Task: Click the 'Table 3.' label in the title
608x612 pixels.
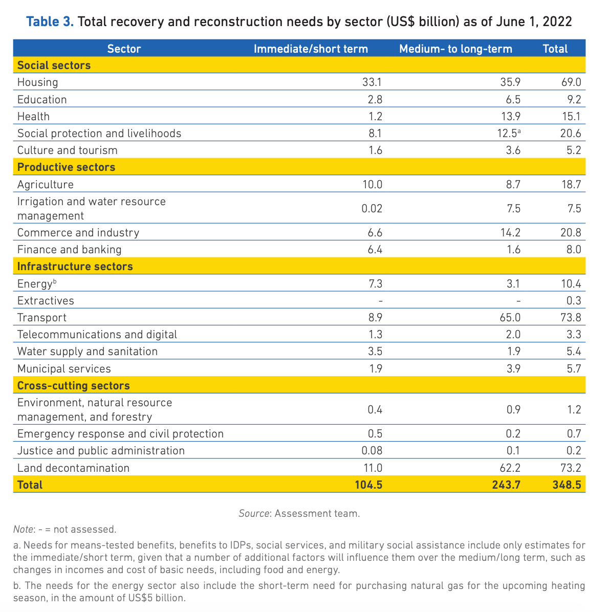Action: click(50, 21)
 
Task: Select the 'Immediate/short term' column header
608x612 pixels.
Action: click(311, 49)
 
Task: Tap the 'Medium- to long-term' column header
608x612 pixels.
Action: click(455, 49)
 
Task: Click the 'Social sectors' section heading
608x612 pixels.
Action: click(54, 65)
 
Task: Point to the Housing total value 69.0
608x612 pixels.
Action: click(571, 82)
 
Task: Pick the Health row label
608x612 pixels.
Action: click(33, 116)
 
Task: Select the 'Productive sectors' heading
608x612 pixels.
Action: click(66, 167)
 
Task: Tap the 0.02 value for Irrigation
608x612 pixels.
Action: click(372, 208)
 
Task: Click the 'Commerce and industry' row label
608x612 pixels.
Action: click(78, 233)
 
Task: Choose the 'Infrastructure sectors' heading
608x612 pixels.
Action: click(75, 267)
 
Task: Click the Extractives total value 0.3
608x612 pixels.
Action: click(574, 301)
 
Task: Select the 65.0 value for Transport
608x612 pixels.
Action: click(510, 318)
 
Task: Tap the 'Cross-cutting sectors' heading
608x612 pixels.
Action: click(73, 386)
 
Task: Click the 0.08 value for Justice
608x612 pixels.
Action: click(372, 451)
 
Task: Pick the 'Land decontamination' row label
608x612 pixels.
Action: click(73, 468)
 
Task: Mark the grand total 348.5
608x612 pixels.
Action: click(567, 485)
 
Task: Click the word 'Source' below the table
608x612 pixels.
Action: click(254, 513)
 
